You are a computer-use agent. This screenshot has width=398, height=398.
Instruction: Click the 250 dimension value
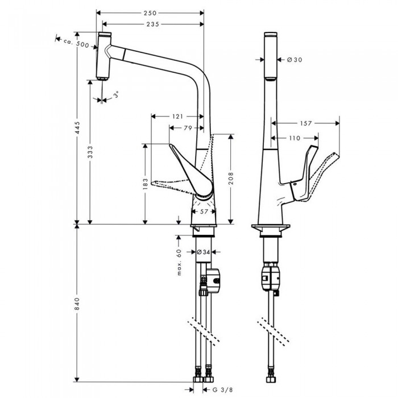pyautogui.click(x=150, y=13)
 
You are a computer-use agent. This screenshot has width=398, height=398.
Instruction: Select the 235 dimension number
pyautogui.click(x=152, y=24)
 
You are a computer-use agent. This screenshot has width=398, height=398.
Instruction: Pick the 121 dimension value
pyautogui.click(x=177, y=117)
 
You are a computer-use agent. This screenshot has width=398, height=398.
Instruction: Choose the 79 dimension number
pyautogui.click(x=187, y=128)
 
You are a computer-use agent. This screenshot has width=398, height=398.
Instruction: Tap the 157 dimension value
pyautogui.click(x=305, y=123)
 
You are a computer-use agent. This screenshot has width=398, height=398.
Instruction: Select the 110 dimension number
pyautogui.click(x=293, y=138)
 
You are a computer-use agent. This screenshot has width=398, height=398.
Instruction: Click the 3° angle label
pyautogui.click(x=117, y=95)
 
